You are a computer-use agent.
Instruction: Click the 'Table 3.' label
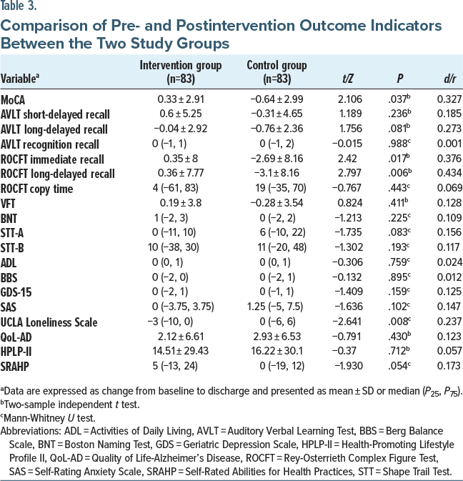(21, 7)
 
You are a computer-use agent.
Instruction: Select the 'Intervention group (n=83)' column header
(181, 71)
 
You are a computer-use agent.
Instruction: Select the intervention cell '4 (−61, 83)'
(181, 189)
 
